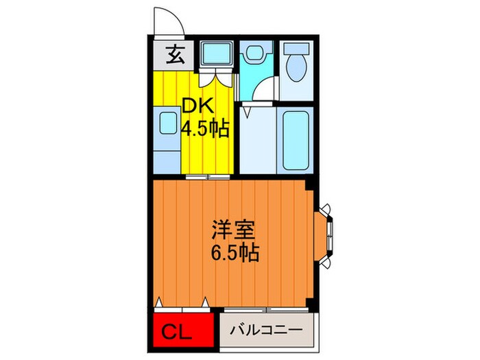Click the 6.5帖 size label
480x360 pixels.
coord(235,254)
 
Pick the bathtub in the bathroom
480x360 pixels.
coord(296,139)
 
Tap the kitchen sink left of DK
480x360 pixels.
coord(167,124)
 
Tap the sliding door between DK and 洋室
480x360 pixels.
coord(206,177)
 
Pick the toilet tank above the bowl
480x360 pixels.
coord(297,50)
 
